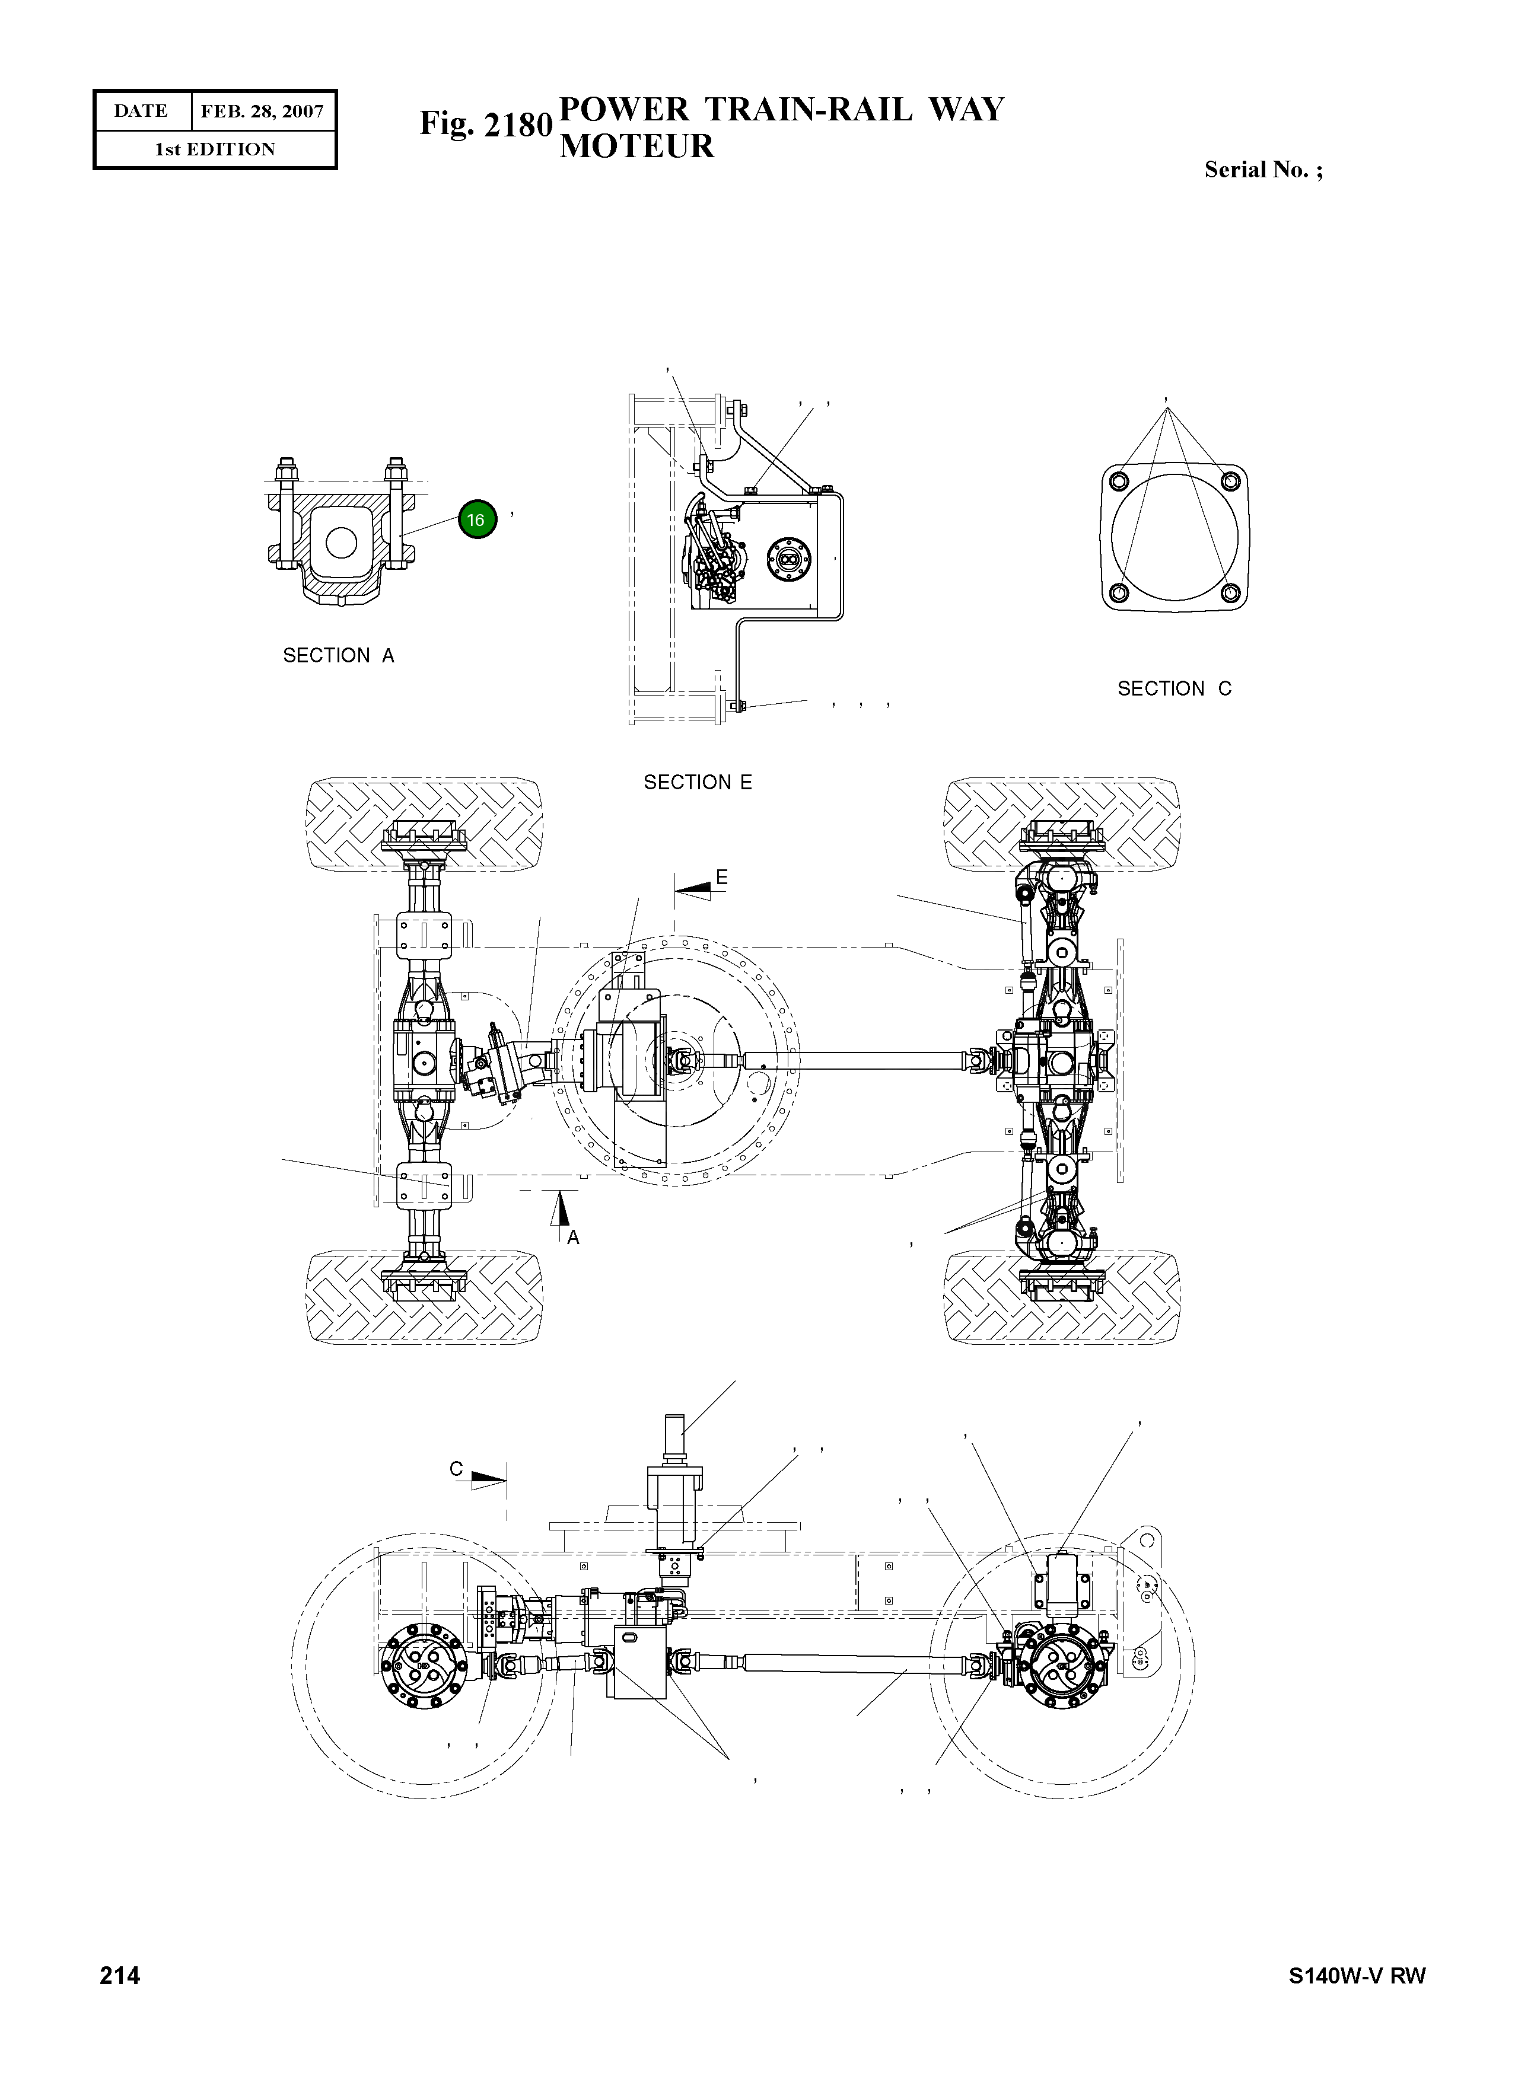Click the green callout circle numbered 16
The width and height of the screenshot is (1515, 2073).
(476, 520)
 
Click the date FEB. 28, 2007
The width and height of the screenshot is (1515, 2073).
(262, 112)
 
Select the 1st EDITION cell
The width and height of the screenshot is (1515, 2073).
(215, 149)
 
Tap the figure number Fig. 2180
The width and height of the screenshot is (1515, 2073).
(485, 124)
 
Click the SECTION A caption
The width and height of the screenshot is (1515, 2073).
(338, 656)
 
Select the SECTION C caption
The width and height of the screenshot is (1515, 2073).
(1174, 688)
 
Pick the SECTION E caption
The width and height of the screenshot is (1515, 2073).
(697, 782)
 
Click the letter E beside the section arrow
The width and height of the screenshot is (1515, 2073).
(722, 878)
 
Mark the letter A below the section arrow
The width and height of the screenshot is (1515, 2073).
(573, 1238)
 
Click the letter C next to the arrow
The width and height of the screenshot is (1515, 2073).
(456, 1469)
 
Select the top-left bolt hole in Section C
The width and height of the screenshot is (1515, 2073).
(1118, 482)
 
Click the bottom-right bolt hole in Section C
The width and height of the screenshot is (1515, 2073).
(1231, 593)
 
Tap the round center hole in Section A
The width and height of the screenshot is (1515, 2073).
(341, 543)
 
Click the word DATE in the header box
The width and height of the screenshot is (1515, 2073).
(141, 112)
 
